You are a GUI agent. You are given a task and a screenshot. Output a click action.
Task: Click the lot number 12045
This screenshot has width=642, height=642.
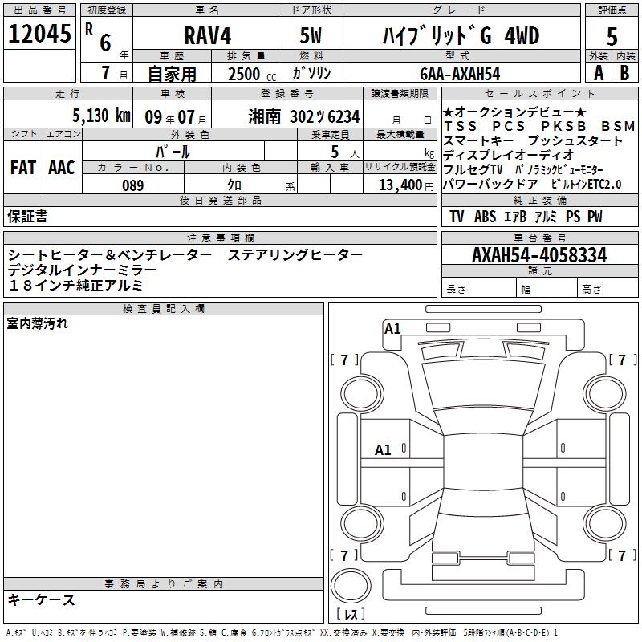[39, 34]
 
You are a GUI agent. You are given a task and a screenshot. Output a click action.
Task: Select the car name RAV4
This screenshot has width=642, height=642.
[208, 35]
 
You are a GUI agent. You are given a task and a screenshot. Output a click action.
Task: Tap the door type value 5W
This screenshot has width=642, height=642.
[311, 35]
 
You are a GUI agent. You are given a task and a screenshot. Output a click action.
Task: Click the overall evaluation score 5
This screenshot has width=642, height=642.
[612, 36]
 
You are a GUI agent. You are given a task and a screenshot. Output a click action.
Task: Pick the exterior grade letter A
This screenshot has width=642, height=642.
[599, 73]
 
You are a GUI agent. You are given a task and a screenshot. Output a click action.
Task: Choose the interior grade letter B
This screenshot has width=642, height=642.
[624, 73]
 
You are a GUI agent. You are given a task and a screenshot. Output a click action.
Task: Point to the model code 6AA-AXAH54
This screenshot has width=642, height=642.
[460, 74]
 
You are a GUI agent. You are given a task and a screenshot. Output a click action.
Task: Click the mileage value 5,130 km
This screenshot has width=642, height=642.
[102, 116]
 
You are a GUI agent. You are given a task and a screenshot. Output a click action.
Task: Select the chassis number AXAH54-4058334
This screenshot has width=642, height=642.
[539, 255]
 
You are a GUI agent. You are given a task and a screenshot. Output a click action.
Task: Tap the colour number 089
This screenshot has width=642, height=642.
[133, 185]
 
